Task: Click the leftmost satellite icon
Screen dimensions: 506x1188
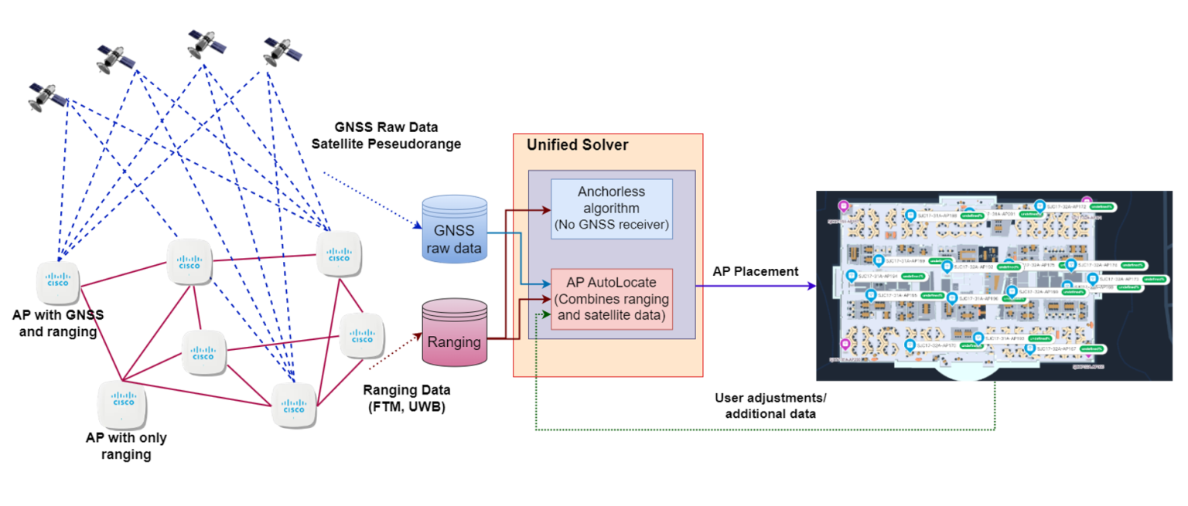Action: point(46,97)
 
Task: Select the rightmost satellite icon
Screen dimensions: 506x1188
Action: point(282,51)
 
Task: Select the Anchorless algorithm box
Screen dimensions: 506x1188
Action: point(611,209)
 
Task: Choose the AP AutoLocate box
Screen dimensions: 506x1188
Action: point(611,298)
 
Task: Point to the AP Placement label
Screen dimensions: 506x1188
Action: point(756,271)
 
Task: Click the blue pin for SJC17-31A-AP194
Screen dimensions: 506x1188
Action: point(852,276)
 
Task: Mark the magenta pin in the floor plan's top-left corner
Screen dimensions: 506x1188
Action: point(844,206)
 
